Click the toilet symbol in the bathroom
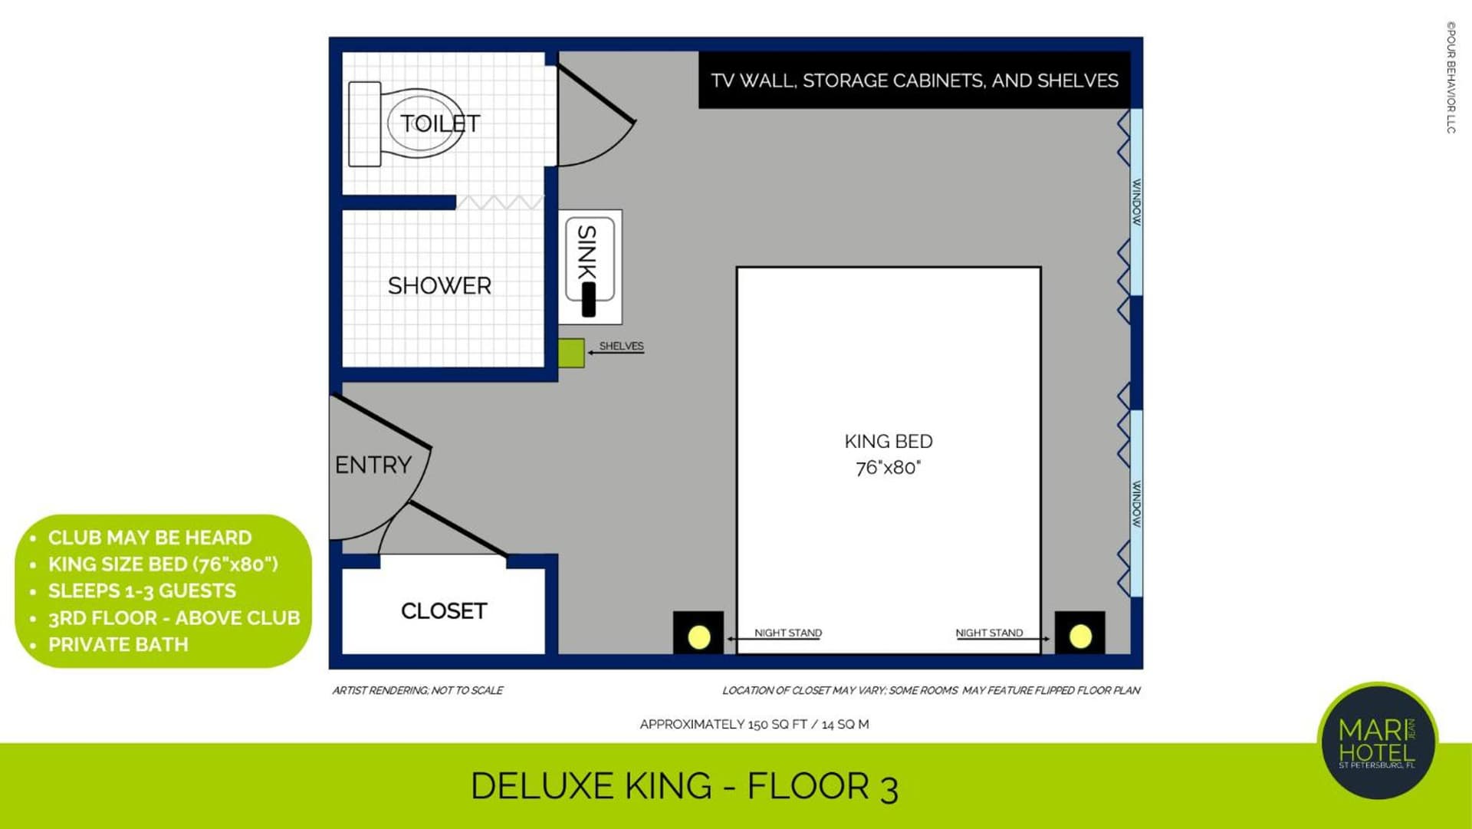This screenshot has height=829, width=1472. pyautogui.click(x=406, y=124)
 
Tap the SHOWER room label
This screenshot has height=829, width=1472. pyautogui.click(x=439, y=286)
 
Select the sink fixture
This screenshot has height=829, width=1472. pyautogui.click(x=590, y=266)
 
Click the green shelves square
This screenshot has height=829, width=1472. pyautogui.click(x=571, y=353)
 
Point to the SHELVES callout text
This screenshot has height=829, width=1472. pyautogui.click(x=621, y=346)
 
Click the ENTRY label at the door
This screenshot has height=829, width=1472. pyautogui.click(x=373, y=465)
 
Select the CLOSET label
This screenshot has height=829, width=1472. pyautogui.click(x=444, y=611)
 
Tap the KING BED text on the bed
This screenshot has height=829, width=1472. pyautogui.click(x=889, y=442)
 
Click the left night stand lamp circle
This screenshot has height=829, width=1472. pyautogui.click(x=698, y=637)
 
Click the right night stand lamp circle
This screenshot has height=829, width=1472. pyautogui.click(x=1080, y=636)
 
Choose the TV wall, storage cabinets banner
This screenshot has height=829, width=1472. pyautogui.click(x=914, y=80)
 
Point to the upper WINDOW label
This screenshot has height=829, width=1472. pyautogui.click(x=1137, y=202)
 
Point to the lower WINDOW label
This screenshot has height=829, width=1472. pyautogui.click(x=1137, y=504)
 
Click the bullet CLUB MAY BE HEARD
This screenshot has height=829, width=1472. pyautogui.click(x=150, y=538)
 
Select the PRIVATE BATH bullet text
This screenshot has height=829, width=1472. pyautogui.click(x=118, y=644)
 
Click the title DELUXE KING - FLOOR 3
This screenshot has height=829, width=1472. pyautogui.click(x=684, y=787)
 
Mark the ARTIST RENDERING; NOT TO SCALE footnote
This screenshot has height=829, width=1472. pyautogui.click(x=418, y=690)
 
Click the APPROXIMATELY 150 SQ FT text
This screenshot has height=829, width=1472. pyautogui.click(x=754, y=724)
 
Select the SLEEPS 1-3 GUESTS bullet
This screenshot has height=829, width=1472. pyautogui.click(x=142, y=590)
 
